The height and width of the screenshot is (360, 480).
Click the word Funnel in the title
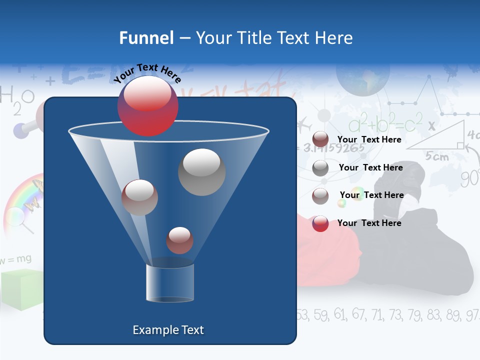pos(146,38)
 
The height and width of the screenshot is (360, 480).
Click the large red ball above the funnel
pos(147,106)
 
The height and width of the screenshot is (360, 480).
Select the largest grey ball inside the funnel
pos(201,172)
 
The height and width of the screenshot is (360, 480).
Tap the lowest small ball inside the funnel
pos(179,240)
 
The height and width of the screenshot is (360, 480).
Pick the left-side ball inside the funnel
pos(139,197)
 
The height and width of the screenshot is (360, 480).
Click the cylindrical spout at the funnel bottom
pos(169,282)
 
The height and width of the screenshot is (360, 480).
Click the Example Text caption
pos(168,330)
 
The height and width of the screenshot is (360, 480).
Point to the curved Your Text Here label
pos(147,73)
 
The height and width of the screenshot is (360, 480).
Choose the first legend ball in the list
pos(320,140)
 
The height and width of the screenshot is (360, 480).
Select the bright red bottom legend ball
pos(320,223)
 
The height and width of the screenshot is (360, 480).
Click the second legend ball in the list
pos(320,168)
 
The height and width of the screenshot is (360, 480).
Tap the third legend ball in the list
pos(320,195)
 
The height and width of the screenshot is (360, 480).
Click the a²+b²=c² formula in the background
pos(385,122)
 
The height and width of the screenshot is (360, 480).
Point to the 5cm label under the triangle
pos(437,156)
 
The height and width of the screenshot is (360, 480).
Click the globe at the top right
pos(362,75)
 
